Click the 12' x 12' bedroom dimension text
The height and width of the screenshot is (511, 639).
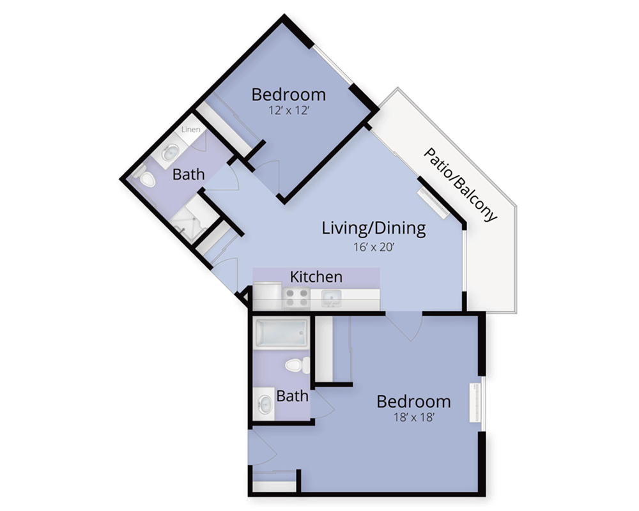tap(289, 111)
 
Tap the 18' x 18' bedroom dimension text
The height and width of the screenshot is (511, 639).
tap(413, 417)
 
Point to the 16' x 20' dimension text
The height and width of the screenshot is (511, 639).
tap(374, 247)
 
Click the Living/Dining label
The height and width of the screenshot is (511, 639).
tap(374, 228)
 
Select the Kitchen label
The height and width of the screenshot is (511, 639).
tap(316, 277)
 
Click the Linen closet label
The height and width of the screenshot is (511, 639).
tap(190, 130)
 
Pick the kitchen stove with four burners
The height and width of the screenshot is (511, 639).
tap(296, 297)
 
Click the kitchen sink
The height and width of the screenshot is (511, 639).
tap(332, 298)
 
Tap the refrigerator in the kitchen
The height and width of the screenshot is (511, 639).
tap(266, 296)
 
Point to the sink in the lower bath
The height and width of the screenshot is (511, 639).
tap(265, 404)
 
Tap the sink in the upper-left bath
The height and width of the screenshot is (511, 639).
tap(171, 153)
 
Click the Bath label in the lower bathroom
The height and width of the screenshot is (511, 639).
tap(292, 395)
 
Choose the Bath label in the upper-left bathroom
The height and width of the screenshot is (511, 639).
tap(189, 174)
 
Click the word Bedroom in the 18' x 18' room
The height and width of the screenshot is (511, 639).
tap(413, 401)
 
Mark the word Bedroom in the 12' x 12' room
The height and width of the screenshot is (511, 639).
tap(289, 95)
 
